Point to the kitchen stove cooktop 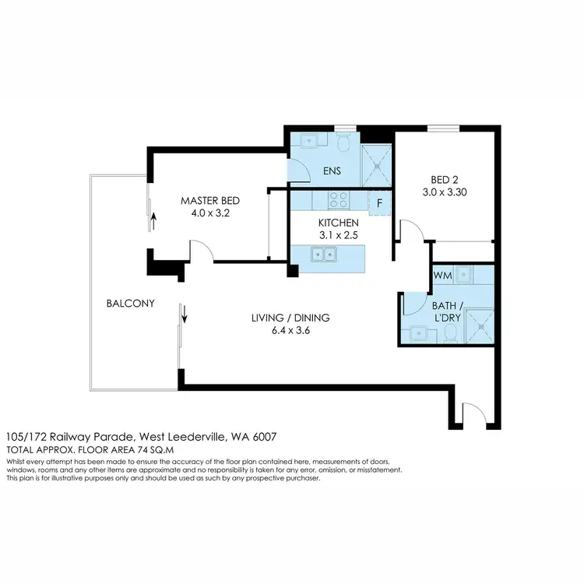[x=339, y=201]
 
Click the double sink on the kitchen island [x=322, y=254]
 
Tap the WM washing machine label [x=442, y=275]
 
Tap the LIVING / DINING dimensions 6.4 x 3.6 [x=290, y=329]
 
